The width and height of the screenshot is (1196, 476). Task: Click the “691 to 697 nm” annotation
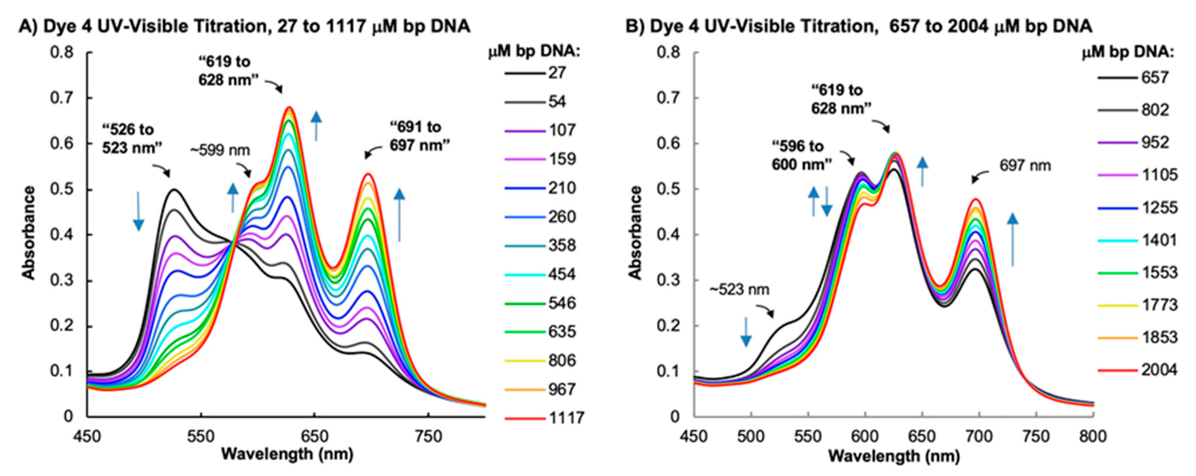420,136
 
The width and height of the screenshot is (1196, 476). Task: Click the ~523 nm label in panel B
739,290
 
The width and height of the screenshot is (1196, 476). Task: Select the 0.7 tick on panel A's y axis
62,98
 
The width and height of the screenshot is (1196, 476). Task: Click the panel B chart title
858,26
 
